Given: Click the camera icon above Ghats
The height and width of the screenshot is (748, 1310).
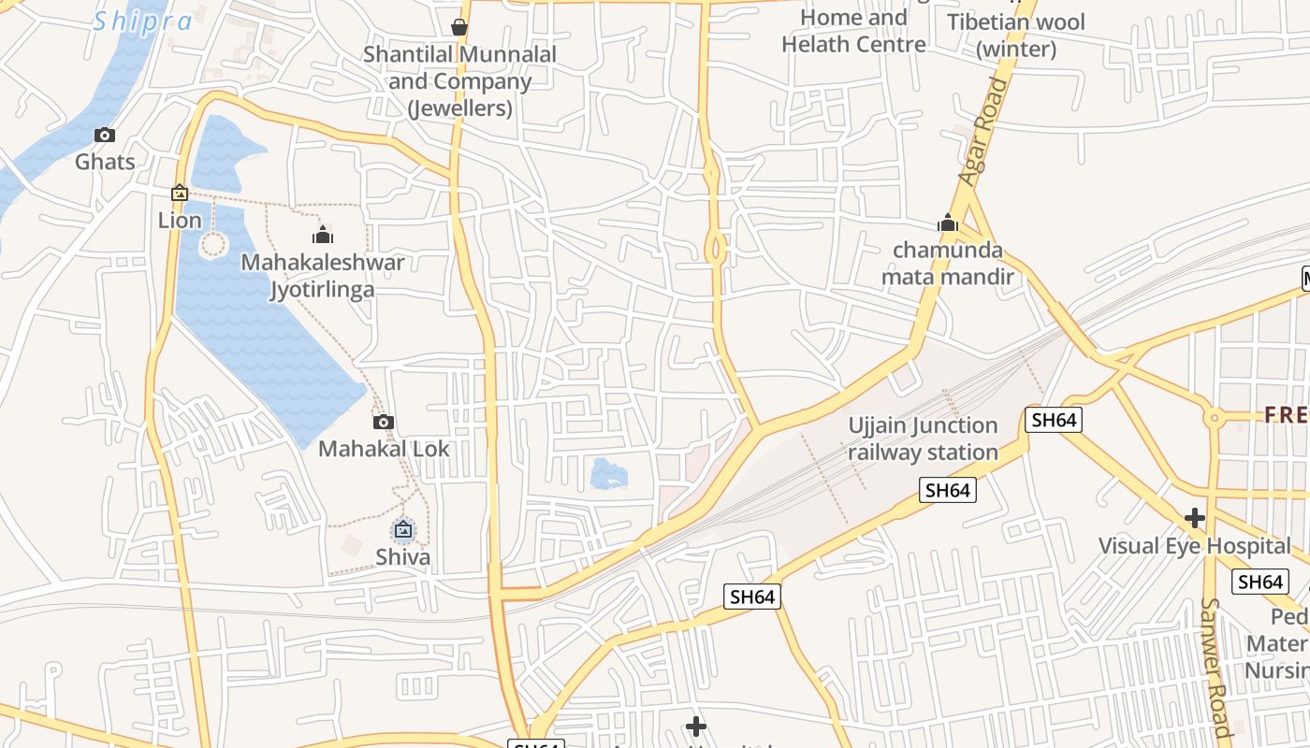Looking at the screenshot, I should (105, 135).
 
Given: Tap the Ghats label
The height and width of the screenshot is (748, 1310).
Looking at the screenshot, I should (105, 162).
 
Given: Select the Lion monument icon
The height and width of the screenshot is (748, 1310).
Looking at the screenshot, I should (180, 193).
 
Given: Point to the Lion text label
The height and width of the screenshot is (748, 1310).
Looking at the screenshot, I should (180, 220).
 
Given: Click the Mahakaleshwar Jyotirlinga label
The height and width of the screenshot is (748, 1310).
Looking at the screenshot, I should (323, 275).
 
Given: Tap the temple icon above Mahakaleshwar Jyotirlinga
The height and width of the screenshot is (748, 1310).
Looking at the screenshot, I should (323, 234).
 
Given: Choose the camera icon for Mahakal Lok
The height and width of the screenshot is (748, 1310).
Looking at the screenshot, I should (383, 422).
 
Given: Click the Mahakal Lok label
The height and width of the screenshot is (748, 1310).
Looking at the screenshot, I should (384, 449).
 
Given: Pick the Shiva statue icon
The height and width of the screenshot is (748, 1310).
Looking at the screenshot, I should (403, 530).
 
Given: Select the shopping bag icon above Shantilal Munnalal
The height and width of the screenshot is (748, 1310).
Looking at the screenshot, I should (459, 27).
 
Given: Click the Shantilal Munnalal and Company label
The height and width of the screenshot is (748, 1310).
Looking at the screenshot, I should (459, 81).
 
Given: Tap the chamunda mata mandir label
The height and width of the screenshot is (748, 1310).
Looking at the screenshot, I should (948, 263).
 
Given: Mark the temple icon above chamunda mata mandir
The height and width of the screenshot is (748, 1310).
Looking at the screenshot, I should (948, 223).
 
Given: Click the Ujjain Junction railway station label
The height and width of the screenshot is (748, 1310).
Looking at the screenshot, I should (923, 439).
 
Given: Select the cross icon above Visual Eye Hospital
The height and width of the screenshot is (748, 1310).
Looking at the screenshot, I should (1195, 517).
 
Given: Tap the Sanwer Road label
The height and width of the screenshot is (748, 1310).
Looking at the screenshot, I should (1214, 666).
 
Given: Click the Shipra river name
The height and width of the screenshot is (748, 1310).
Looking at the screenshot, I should (142, 21).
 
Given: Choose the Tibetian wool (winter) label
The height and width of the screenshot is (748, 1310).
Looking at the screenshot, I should (1016, 35).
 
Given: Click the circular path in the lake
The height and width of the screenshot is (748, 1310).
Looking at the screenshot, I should (213, 245).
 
